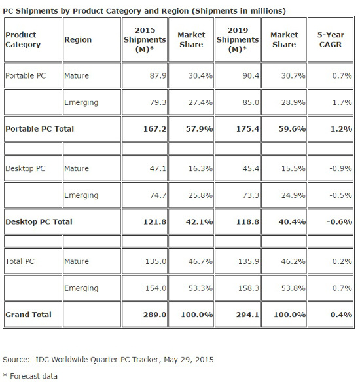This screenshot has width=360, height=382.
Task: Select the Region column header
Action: coord(77,40)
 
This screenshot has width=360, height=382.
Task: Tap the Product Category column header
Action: coord(23,40)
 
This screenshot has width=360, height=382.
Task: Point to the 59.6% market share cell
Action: coord(293,129)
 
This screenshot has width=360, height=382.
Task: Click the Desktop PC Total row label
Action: coord(39,221)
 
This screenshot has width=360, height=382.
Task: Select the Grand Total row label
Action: coord(28,315)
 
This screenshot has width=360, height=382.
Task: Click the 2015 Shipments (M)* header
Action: coord(144,39)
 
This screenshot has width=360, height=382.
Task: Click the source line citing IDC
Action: coord(108,360)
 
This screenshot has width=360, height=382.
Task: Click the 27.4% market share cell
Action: coord(199,102)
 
